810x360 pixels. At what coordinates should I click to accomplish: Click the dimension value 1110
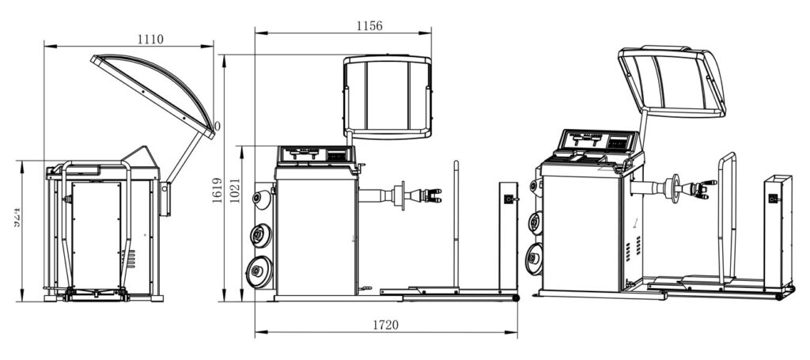click(150, 38)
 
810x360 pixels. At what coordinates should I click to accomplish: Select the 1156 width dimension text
click(369, 25)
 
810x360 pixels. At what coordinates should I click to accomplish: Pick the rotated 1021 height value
click(233, 190)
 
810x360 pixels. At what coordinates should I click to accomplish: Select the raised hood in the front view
click(388, 96)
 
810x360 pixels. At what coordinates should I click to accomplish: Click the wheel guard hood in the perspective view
click(672, 81)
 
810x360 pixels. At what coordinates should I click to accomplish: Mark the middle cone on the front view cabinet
click(259, 235)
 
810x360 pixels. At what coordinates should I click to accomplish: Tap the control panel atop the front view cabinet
click(314, 155)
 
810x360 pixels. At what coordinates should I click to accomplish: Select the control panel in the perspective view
click(598, 142)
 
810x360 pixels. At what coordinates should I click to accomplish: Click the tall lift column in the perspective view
click(777, 229)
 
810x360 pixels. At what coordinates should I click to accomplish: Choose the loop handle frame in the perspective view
click(727, 214)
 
